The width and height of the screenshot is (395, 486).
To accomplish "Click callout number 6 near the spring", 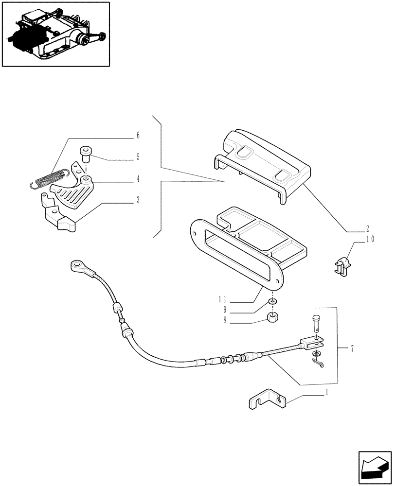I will [x=138, y=134].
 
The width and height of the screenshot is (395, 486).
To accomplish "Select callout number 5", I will [x=138, y=157].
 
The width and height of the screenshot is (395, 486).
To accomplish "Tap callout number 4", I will [x=138, y=179].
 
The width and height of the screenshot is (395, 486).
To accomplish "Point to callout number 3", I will [x=138, y=200].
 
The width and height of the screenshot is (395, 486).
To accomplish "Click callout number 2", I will [x=367, y=227].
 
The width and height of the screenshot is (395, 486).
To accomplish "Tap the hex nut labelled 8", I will [x=273, y=319].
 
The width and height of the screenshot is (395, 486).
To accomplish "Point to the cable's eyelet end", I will [x=77, y=265].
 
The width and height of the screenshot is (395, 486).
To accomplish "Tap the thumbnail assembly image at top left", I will [x=55, y=34].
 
